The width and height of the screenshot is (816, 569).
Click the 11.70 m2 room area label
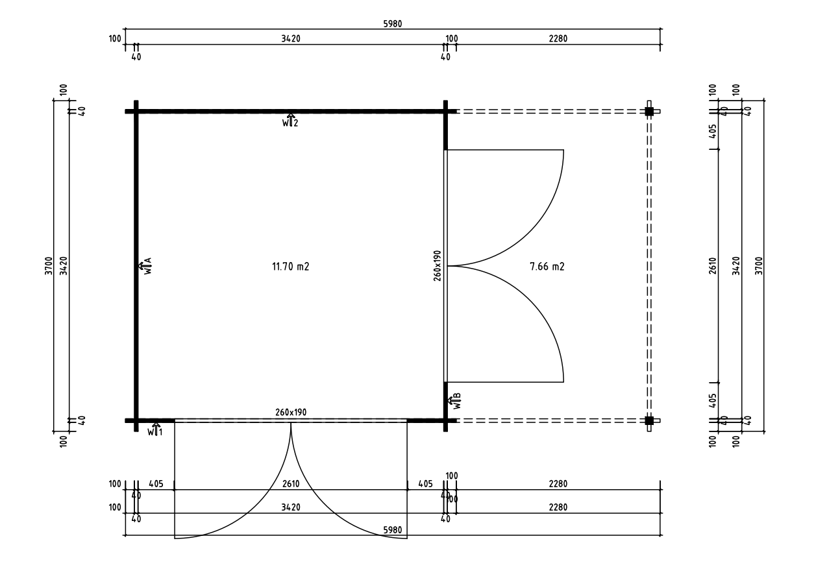[290, 265]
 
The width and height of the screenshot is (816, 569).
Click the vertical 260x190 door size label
[438, 265]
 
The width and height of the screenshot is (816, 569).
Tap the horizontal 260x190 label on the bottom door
[290, 412]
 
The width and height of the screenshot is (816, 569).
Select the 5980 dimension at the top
[392, 24]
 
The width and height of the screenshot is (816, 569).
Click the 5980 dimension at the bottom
[393, 530]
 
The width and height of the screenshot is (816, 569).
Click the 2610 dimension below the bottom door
[290, 484]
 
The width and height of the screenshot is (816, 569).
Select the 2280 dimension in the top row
[558, 39]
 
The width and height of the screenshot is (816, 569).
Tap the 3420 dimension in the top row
[290, 39]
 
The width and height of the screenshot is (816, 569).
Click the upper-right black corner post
[649, 112]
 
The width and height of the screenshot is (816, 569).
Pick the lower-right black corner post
[649, 420]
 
